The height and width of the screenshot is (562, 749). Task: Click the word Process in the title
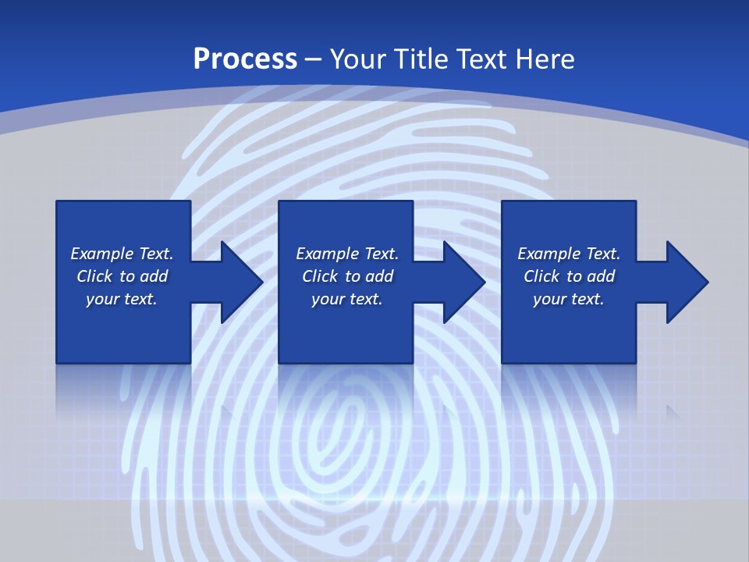245,59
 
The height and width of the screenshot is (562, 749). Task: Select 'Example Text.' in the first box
122,254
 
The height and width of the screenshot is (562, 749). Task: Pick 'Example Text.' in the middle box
346,254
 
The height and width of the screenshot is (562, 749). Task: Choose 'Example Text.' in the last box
569,254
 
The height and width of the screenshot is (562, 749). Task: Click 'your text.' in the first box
122,299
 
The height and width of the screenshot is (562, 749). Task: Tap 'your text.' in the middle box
346,299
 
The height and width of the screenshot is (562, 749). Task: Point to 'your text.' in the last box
569,299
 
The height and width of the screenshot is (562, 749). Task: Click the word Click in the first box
94,276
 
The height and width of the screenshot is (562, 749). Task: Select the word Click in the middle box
320,276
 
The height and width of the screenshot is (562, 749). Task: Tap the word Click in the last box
541,276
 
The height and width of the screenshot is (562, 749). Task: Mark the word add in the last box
601,276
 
